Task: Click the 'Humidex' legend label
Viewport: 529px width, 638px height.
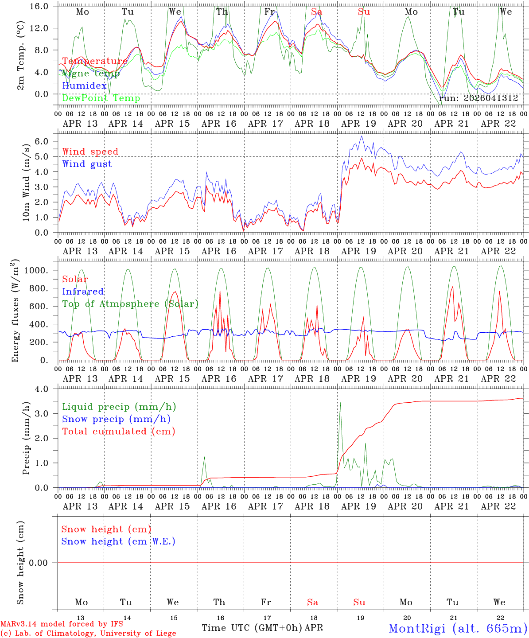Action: pos(85,86)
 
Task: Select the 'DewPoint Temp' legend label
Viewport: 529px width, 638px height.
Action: pos(101,98)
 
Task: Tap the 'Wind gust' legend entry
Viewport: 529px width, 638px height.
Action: pos(87,164)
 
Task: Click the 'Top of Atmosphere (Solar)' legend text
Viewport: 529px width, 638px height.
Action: pos(130,304)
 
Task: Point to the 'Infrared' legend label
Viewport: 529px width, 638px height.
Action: pos(83,292)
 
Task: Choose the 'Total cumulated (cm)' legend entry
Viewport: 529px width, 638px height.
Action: pos(118,432)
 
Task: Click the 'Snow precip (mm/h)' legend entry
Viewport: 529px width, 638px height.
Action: pos(116,419)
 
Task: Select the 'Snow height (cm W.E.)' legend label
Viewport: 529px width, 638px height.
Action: pos(118,541)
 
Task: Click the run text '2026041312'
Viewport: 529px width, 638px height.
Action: pos(491,98)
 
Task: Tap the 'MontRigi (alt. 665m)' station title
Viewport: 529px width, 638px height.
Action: pos(458,628)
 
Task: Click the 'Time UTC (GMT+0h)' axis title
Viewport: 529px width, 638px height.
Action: pos(252,628)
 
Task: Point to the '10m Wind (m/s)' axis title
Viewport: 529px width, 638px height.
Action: pos(26,183)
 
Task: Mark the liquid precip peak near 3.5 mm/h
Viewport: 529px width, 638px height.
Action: pos(340,402)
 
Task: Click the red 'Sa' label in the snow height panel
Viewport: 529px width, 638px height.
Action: pos(312,602)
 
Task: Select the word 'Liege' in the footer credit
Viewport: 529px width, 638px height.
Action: pos(165,634)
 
